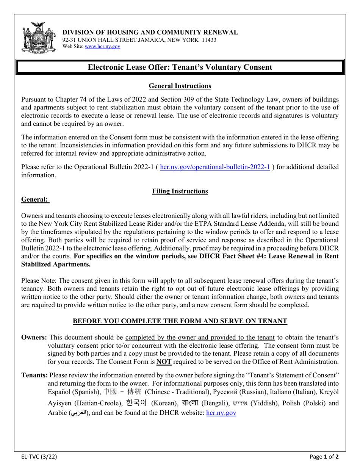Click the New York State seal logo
tap(37, 38)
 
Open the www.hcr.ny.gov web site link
tap(102, 46)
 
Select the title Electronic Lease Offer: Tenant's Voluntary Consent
tap(180, 67)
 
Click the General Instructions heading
tap(180, 86)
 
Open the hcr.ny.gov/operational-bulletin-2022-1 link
tap(215, 167)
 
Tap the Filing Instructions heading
tap(180, 191)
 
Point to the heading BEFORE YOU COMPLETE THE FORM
tap(180, 321)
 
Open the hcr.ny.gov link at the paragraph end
tap(221, 413)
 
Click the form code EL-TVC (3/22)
tap(39, 457)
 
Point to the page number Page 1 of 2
tap(329, 457)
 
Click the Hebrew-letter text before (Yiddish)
tap(239, 403)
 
